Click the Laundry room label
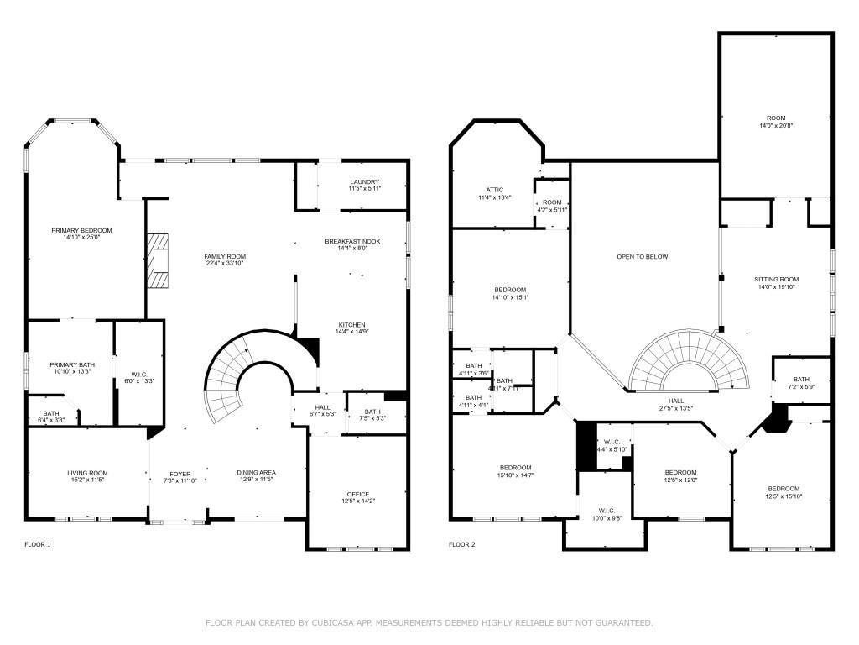tap(364, 181)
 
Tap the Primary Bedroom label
tap(81, 230)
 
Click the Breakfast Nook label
tap(352, 241)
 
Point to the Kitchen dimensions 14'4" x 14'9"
tap(352, 332)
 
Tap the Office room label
tap(358, 494)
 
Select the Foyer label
tap(180, 474)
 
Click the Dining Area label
tap(256, 473)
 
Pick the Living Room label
tap(88, 473)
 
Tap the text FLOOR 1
tap(37, 544)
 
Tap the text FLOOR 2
tap(461, 544)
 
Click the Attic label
tap(494, 190)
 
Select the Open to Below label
tap(642, 256)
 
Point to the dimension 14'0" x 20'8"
tap(776, 126)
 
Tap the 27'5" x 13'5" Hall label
tap(676, 409)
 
